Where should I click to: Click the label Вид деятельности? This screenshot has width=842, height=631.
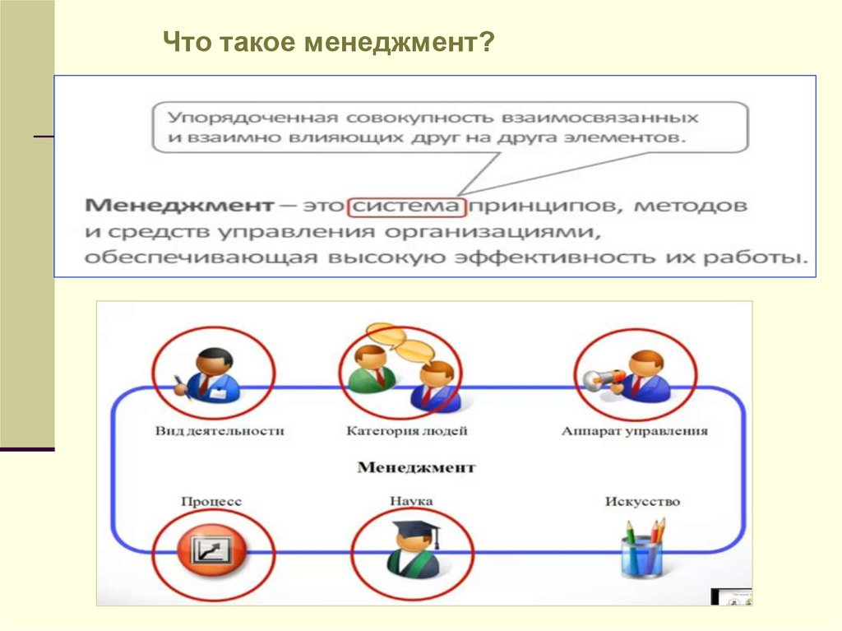click(219, 430)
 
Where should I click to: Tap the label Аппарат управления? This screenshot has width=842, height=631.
click(634, 430)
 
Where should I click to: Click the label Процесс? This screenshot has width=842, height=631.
click(210, 501)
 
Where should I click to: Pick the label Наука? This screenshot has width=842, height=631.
click(410, 501)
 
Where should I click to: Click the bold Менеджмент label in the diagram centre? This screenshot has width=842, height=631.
click(416, 467)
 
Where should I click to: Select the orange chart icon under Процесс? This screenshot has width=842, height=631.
click(211, 549)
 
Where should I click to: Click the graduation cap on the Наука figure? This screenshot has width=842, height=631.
click(414, 527)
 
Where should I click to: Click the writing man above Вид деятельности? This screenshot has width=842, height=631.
click(210, 374)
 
